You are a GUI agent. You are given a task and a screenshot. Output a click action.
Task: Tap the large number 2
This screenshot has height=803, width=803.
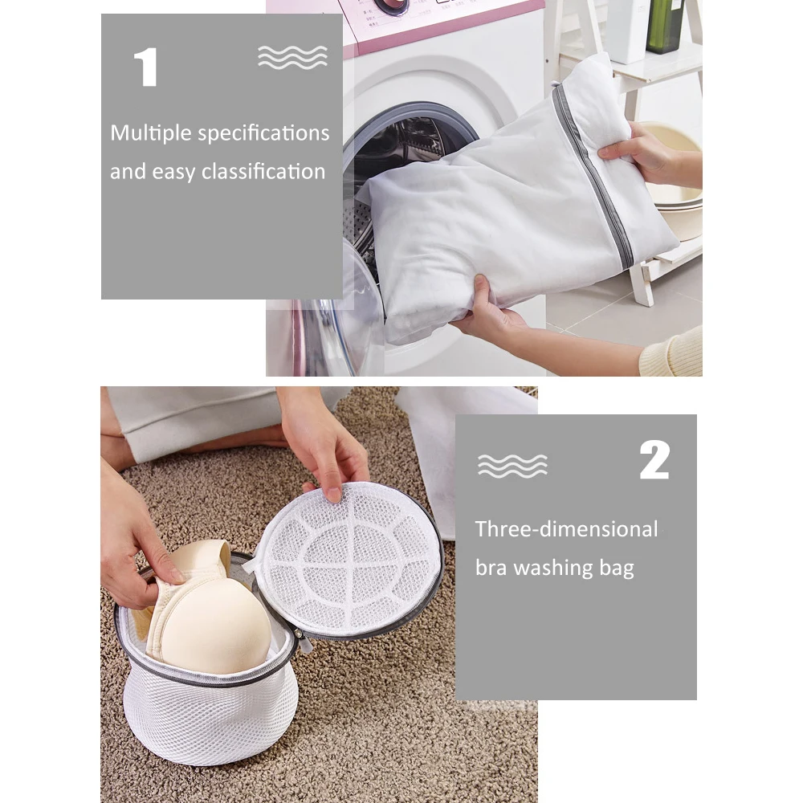pos(654,460)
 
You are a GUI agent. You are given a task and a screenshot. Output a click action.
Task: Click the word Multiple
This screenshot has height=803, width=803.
pos(151,133)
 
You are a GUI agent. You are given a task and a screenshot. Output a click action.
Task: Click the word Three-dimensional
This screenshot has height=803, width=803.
pos(566,529)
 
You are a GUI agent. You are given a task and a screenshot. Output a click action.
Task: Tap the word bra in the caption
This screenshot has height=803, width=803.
pos(491,568)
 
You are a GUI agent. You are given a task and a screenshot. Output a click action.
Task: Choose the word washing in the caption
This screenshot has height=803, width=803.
pos(551,569)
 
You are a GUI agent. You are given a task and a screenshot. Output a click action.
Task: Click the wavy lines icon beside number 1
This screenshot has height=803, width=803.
pos(292,57)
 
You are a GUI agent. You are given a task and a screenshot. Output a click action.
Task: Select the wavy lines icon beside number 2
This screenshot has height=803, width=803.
pos(512,466)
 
